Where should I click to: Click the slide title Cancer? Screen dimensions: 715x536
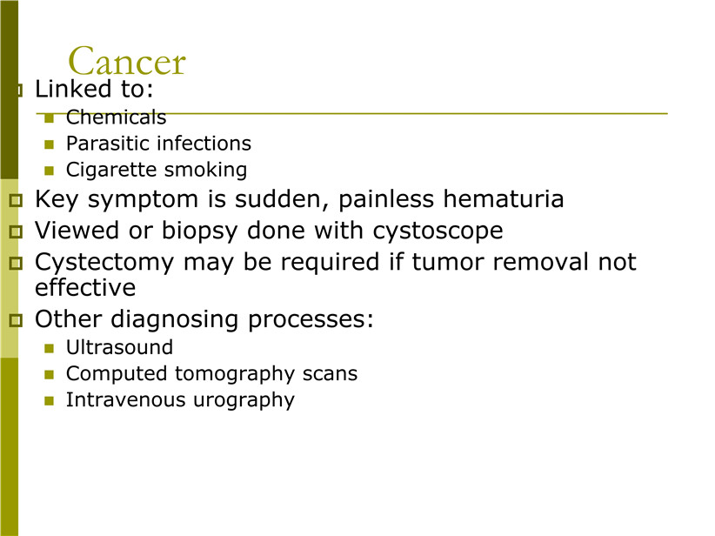(127, 61)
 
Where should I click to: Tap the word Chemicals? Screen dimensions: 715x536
(116, 117)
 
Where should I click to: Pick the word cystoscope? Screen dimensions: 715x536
(438, 231)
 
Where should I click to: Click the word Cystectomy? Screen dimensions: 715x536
(104, 263)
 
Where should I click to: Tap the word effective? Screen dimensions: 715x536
(85, 288)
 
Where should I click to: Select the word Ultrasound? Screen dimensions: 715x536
(119, 347)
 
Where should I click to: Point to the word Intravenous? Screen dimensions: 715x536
(126, 399)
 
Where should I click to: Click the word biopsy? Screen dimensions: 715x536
(200, 231)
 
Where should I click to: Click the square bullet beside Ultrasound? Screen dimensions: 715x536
(50, 349)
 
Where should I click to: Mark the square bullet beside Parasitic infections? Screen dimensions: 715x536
(50, 145)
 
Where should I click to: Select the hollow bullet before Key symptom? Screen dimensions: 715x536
(16, 201)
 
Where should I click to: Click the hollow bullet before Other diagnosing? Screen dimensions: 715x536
(16, 320)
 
